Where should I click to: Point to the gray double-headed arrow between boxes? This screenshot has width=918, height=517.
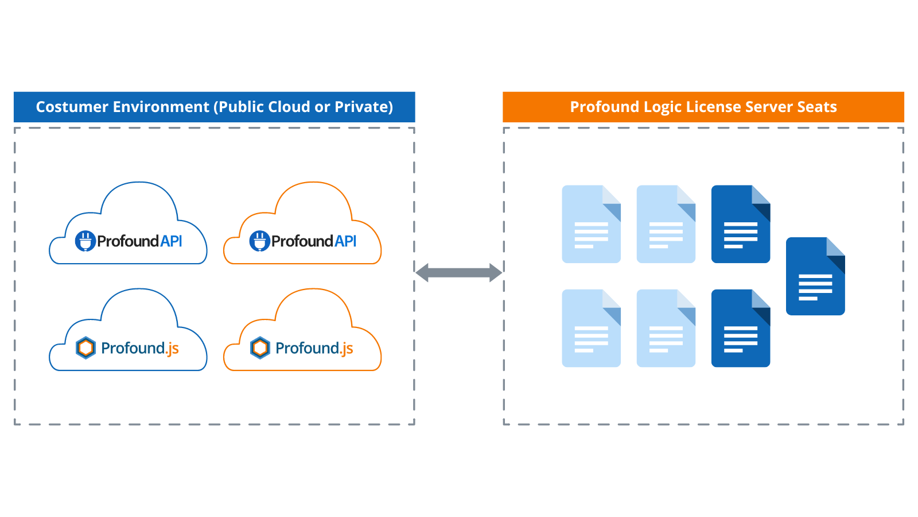click(x=458, y=272)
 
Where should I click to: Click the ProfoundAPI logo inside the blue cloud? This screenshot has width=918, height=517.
click(x=129, y=241)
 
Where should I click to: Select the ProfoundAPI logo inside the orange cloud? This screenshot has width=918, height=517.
click(x=303, y=241)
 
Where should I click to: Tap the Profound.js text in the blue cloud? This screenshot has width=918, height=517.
click(x=139, y=348)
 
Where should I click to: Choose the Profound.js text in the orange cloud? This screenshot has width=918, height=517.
click(x=314, y=348)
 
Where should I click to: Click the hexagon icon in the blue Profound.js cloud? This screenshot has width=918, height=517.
click(x=86, y=348)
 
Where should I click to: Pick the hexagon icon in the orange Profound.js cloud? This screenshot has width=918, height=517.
click(x=260, y=348)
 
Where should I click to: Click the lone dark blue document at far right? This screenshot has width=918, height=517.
click(x=815, y=277)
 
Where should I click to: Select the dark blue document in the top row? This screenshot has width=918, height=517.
click(x=740, y=225)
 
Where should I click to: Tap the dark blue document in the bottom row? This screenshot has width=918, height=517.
click(x=740, y=329)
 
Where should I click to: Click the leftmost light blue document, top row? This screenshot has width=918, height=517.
click(x=591, y=225)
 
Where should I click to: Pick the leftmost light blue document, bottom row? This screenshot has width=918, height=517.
click(x=591, y=329)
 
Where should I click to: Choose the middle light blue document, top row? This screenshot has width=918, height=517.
click(x=666, y=225)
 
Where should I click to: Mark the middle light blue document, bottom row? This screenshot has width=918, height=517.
click(x=666, y=329)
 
